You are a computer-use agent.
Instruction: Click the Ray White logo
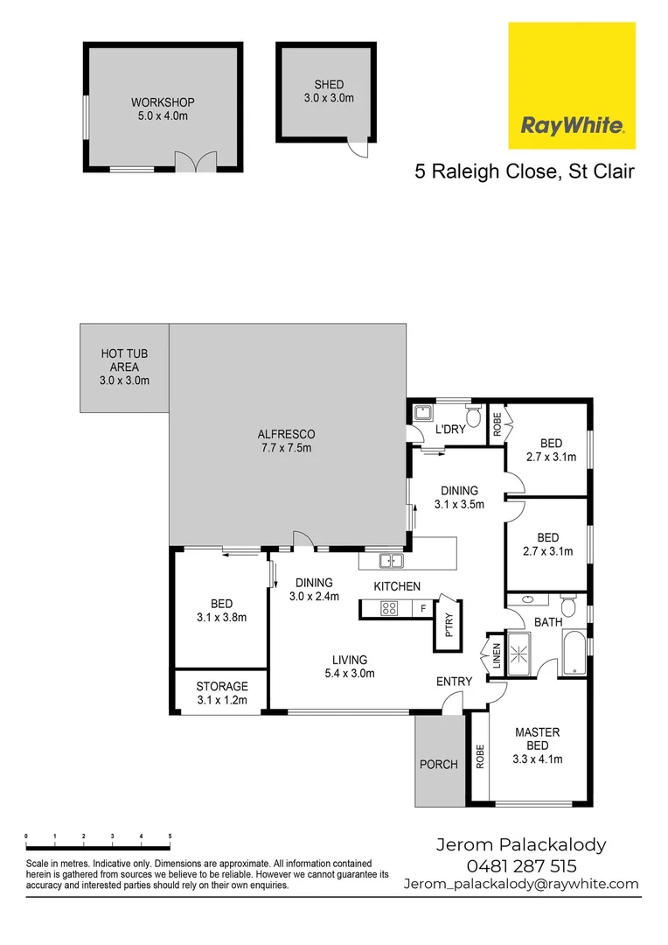pos(572,86)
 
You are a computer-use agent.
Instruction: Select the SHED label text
pos(329,85)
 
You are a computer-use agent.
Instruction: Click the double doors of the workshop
pos(195,162)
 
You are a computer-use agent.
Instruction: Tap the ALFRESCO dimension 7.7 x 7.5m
pos(286,448)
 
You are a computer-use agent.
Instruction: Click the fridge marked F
pos(423,608)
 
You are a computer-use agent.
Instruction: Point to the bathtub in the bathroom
pos(574,653)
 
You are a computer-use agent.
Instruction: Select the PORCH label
pos(439,764)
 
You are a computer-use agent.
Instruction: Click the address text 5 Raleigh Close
pos(484,171)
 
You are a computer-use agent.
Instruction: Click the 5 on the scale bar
pos(170,836)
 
